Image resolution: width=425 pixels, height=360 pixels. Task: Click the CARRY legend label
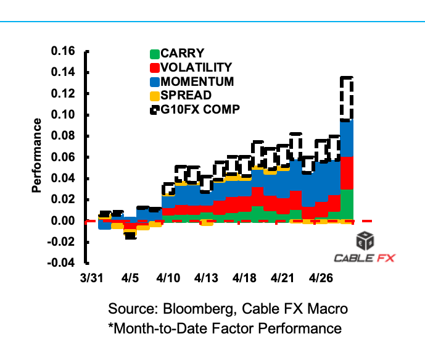(x=182, y=53)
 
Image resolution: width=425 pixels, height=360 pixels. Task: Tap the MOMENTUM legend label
(x=197, y=82)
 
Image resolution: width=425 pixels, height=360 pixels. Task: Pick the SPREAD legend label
(x=186, y=96)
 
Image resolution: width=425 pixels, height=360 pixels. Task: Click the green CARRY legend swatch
(x=155, y=54)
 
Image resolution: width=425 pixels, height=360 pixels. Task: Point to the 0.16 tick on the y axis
(x=65, y=51)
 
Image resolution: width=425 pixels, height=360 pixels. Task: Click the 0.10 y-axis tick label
(x=65, y=115)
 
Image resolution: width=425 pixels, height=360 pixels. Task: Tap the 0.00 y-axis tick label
(x=65, y=221)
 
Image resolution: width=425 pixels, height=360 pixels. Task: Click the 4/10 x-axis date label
(x=169, y=278)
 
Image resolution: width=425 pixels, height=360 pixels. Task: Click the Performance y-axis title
(x=37, y=154)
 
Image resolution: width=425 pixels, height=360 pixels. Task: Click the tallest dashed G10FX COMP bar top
(x=347, y=78)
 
